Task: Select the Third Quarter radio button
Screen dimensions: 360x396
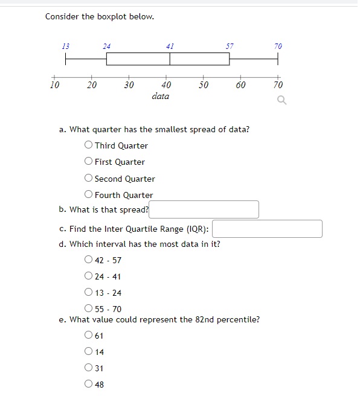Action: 89,145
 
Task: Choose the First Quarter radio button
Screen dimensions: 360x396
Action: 89,161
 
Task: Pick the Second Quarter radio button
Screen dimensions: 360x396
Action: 89,178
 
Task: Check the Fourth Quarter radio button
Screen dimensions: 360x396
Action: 89,194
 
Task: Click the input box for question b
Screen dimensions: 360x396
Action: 204,209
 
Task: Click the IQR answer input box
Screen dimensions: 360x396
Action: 267,229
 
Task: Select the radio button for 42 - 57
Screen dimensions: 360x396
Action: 89,260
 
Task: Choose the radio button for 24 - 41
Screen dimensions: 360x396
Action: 89,276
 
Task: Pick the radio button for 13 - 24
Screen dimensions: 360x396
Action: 89,293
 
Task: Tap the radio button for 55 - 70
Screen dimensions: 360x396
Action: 89,309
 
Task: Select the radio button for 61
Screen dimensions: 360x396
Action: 89,335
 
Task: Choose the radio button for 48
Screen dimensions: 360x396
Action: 89,384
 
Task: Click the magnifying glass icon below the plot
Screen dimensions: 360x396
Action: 281,101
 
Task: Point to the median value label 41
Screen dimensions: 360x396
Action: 170,46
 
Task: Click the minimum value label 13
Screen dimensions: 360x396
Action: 66,46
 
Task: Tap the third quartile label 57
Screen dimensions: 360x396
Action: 230,46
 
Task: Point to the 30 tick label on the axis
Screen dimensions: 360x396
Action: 129,85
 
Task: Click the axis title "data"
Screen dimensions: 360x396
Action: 161,96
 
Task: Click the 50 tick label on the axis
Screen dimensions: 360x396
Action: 204,85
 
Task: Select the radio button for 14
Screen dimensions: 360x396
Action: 89,351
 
